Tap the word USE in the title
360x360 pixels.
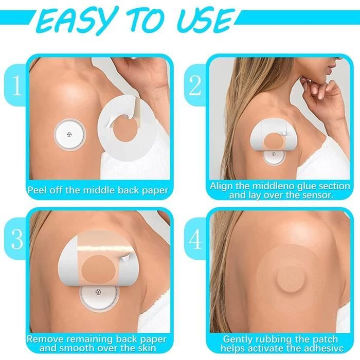click(204, 22)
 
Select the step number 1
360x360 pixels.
click(16, 85)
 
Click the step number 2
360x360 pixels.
click(195, 85)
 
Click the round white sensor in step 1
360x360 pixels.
click(70, 134)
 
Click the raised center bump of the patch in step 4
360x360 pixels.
click(291, 280)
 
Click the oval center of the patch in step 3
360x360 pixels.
click(99, 267)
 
